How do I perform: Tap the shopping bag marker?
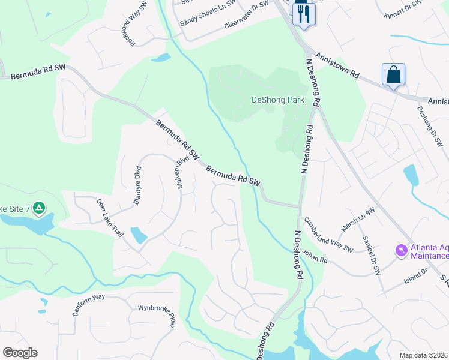(393, 75)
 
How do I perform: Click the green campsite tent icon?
(38, 208)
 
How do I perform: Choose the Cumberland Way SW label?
(328, 235)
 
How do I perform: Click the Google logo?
(20, 352)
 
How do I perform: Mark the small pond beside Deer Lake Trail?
(139, 235)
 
